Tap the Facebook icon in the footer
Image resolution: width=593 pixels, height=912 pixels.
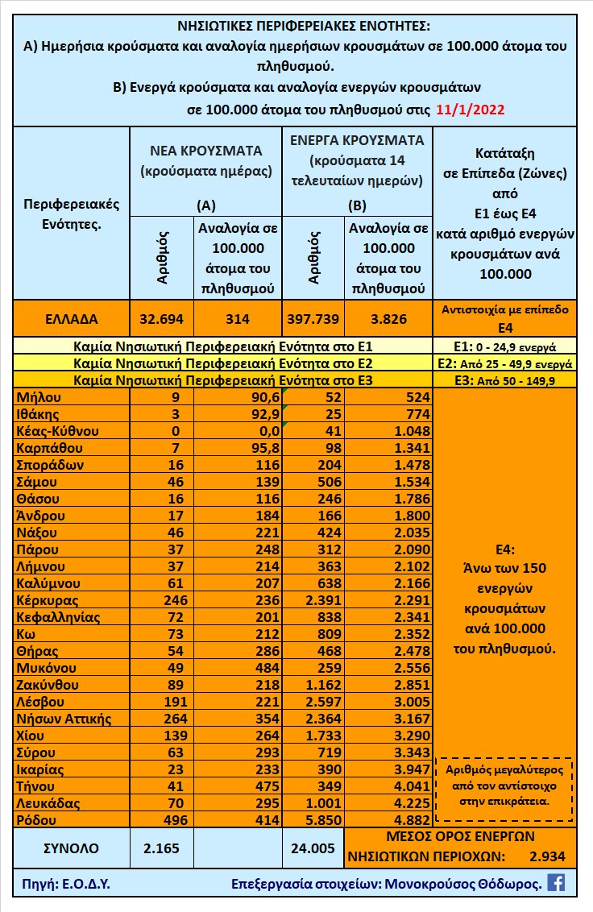click(556, 882)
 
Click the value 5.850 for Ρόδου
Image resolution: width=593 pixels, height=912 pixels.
click(314, 820)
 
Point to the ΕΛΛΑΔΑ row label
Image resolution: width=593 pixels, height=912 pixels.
click(71, 318)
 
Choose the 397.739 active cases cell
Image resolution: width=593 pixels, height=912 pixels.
click(314, 318)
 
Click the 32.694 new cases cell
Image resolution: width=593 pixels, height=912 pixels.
click(161, 318)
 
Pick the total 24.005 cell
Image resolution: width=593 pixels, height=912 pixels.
click(314, 848)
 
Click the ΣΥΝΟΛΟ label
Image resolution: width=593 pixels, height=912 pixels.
click(71, 848)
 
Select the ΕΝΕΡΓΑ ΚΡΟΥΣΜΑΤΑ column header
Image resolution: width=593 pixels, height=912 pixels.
click(358, 139)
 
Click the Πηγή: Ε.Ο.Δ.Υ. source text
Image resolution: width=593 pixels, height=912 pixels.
click(63, 883)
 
